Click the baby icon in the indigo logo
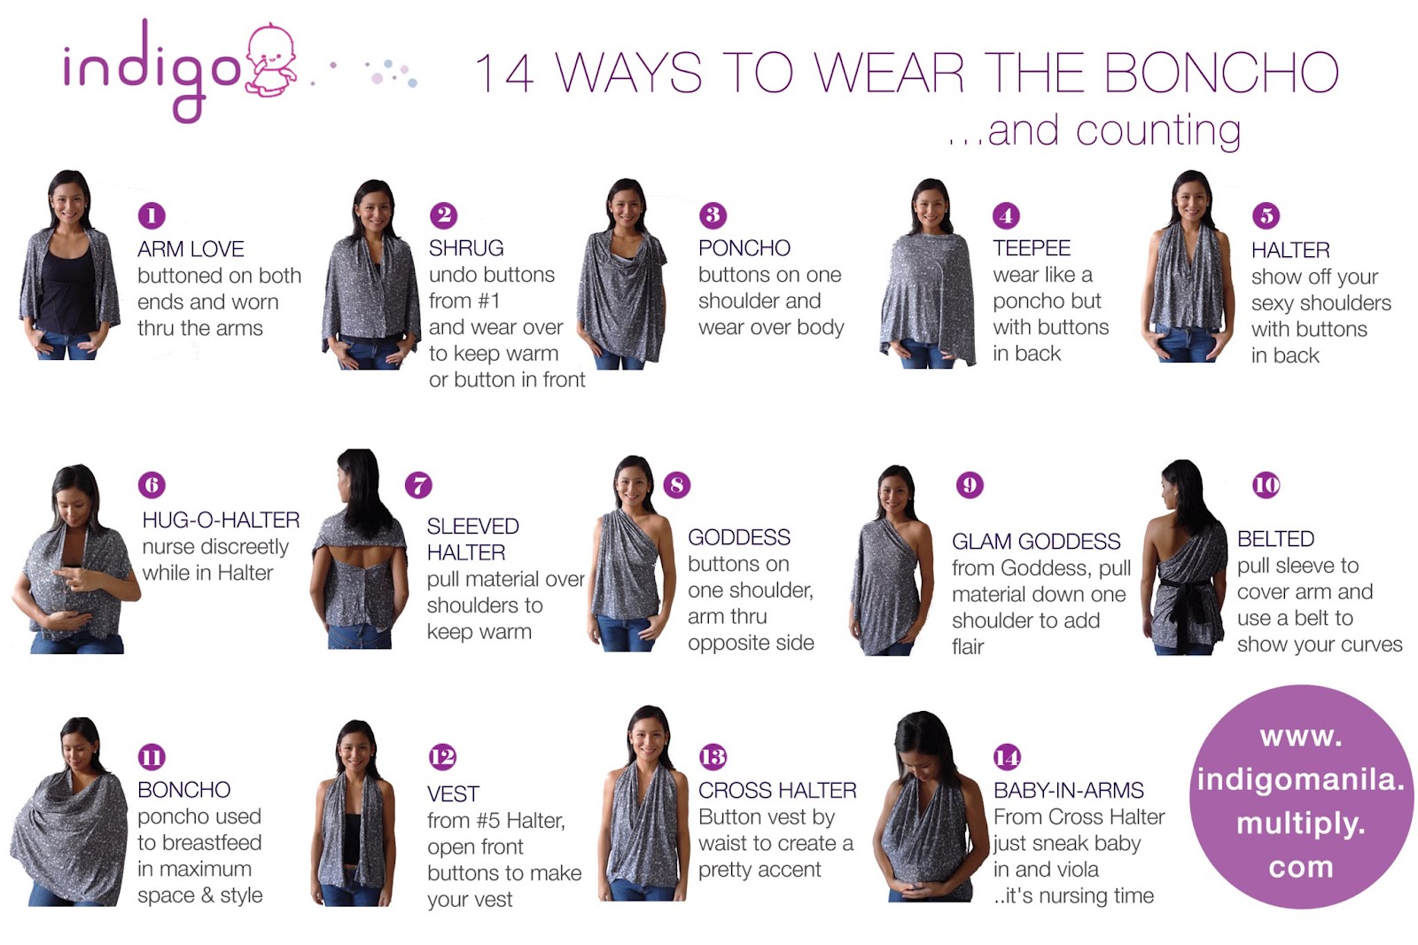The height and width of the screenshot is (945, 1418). coord(271,61)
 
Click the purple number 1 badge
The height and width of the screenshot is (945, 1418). coord(152,215)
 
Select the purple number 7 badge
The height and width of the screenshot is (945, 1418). coord(418,485)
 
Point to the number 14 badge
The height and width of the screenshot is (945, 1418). coord(1007,756)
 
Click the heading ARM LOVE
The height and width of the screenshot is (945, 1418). coord(191,249)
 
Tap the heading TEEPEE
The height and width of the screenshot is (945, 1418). coord(1032,247)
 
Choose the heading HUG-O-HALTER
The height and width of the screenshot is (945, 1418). coord(221,520)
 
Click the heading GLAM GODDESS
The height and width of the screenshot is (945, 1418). coord(1036,542)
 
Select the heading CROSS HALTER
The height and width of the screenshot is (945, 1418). coord(777,791)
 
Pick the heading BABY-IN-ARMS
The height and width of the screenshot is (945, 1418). coord(1069,791)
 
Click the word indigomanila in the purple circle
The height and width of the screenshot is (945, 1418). coord(1301,780)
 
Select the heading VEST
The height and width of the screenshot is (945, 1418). coord(453,793)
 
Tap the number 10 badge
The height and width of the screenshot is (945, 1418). coord(1266,485)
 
